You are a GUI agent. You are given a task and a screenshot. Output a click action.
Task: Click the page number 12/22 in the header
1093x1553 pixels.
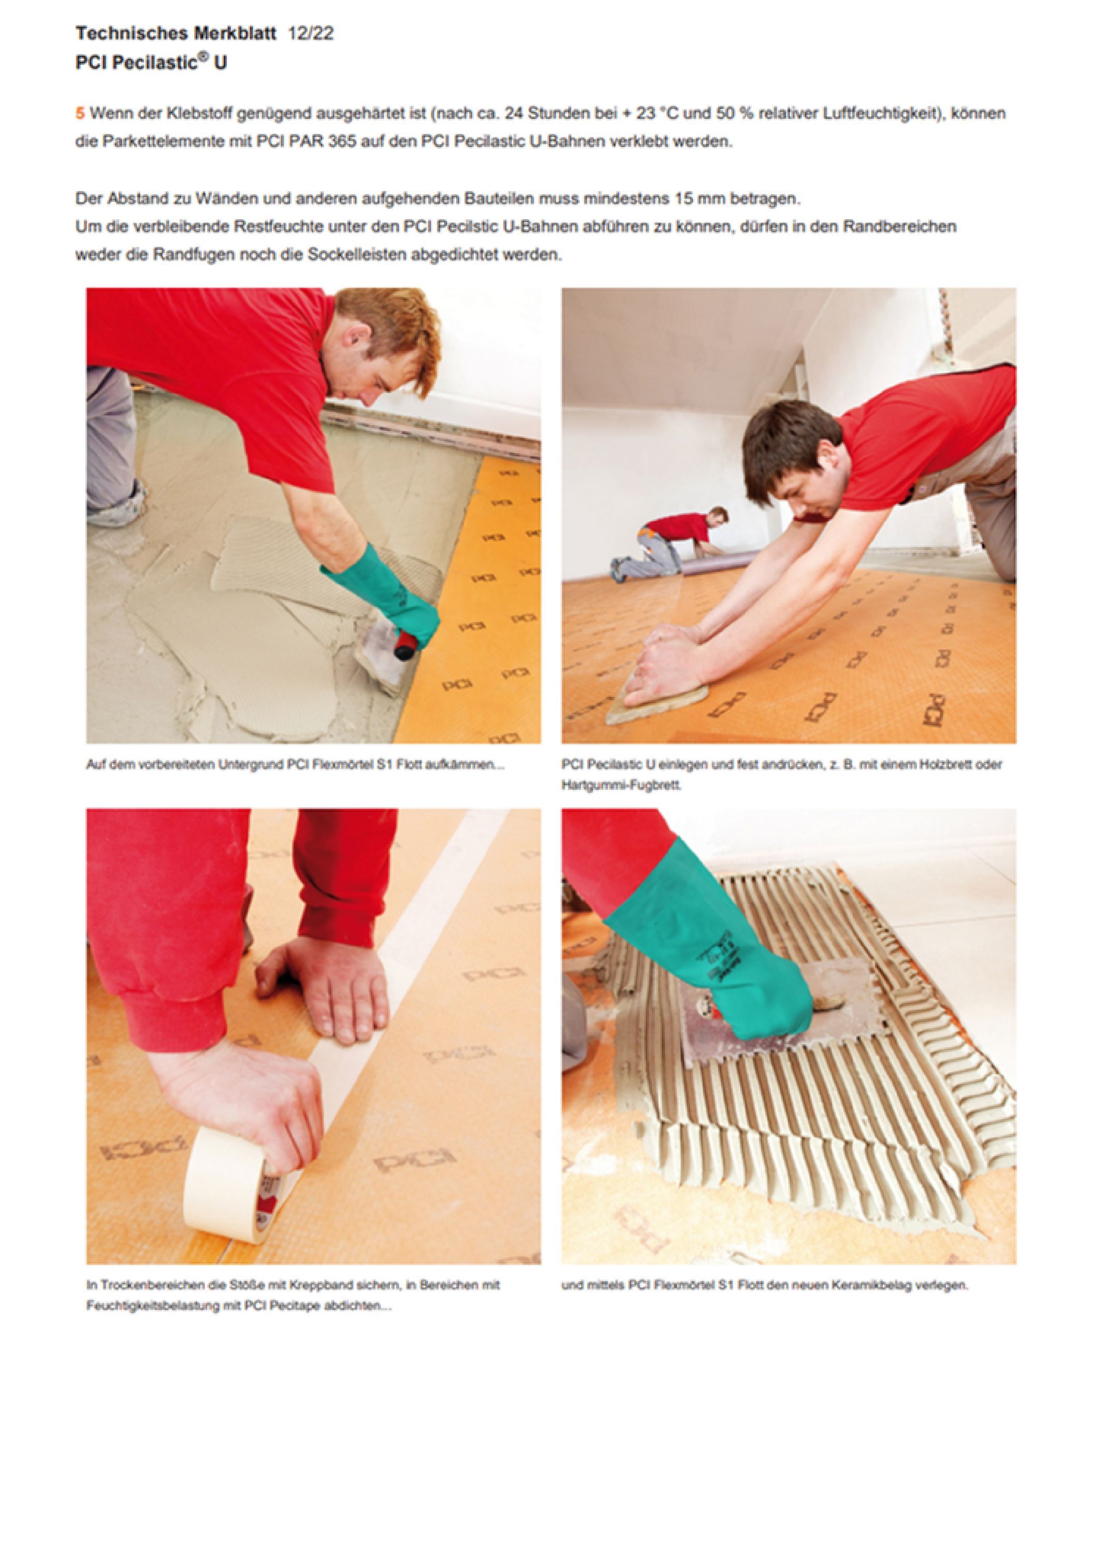(311, 34)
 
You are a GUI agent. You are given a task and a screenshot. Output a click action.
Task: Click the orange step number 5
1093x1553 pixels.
(80, 114)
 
